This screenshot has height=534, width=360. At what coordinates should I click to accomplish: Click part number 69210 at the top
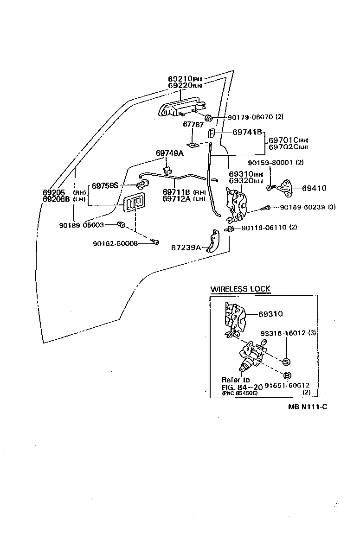[180, 79]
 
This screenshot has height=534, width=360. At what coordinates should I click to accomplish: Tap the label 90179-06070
[251, 117]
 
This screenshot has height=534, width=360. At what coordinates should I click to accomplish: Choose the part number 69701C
[283, 140]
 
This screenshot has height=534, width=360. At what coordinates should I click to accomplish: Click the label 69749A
[169, 153]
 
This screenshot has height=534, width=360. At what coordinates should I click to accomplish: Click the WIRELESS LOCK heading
[240, 289]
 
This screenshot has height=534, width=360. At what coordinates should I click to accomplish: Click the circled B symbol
[287, 375]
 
